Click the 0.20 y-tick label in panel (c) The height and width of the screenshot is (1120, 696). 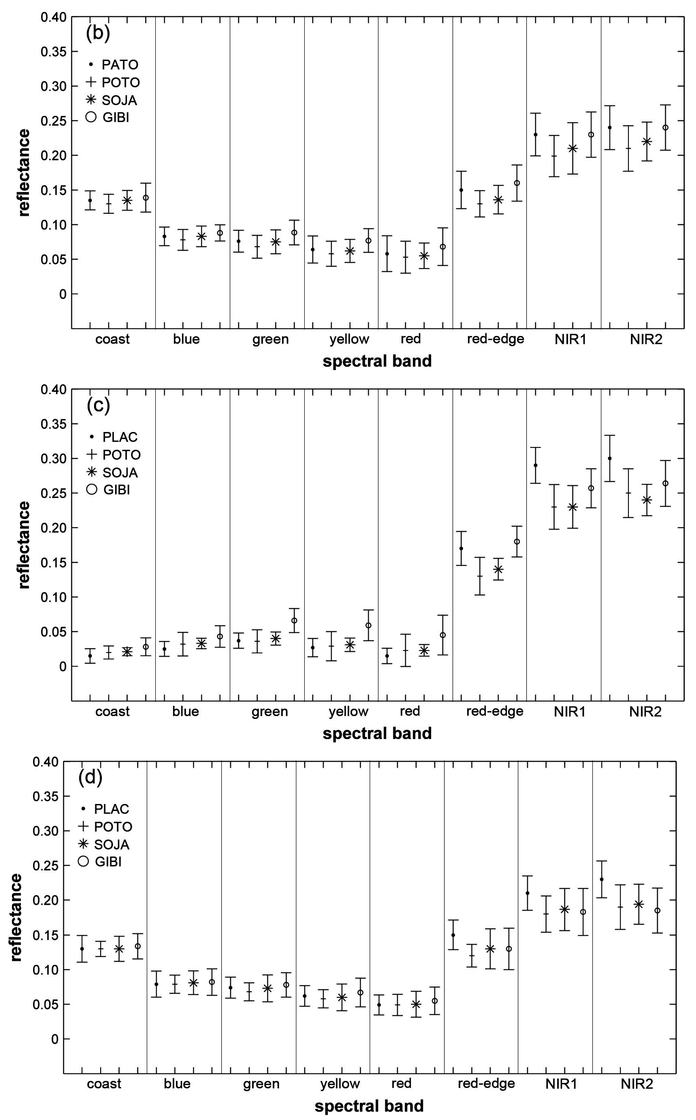tap(54, 528)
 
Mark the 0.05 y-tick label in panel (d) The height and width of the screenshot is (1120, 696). tap(45, 1004)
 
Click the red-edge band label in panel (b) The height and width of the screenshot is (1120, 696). tap(495, 339)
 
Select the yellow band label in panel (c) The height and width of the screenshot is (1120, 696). tap(349, 712)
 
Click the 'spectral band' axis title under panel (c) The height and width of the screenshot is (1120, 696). tap(377, 733)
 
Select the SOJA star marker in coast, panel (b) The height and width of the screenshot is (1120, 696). tap(127, 200)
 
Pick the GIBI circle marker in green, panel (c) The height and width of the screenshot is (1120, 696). tap(294, 620)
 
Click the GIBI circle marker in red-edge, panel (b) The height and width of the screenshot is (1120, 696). tap(517, 183)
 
